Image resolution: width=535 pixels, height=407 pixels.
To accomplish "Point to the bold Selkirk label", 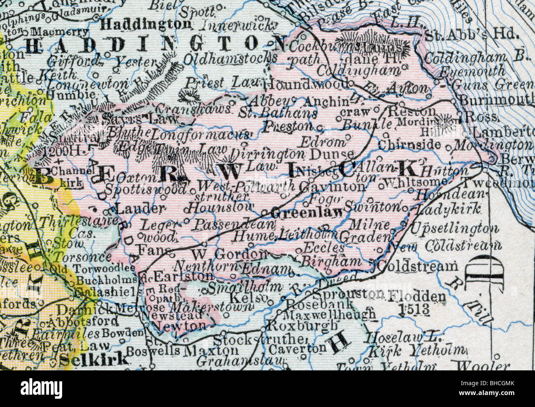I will [94, 359].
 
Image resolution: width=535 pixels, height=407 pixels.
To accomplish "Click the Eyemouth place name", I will [471, 72].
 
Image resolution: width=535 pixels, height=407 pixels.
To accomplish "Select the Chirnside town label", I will [409, 145].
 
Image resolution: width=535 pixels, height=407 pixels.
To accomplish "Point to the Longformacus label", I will [200, 134].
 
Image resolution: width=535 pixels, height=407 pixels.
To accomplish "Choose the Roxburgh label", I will [298, 326].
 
